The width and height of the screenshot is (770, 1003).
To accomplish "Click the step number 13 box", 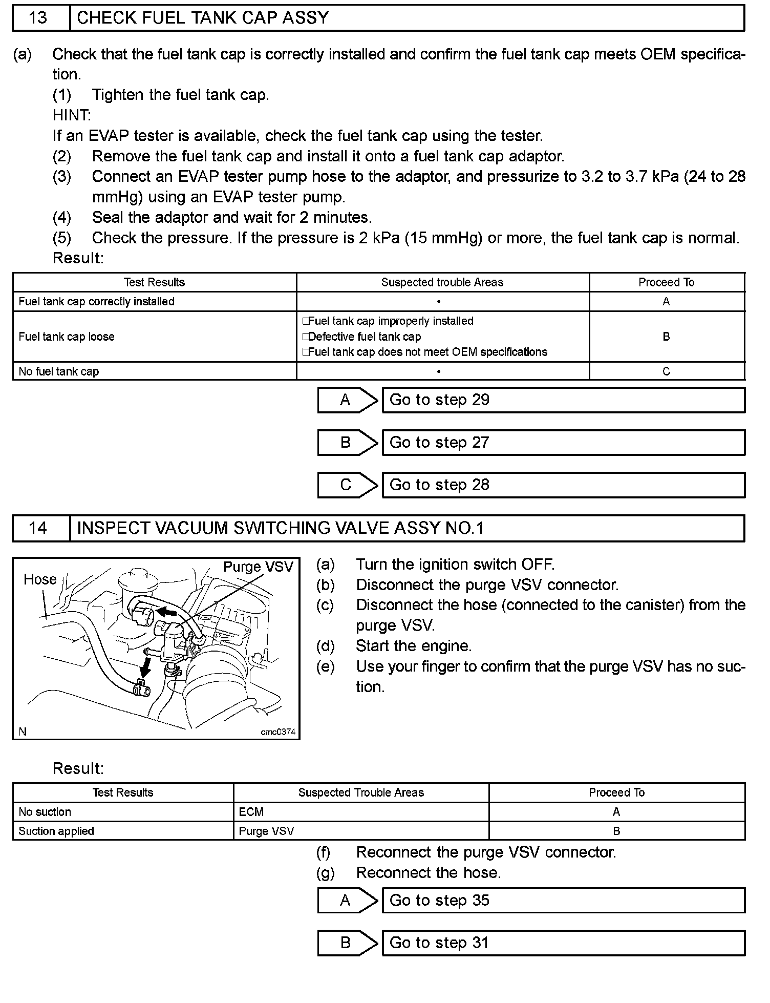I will coord(39,18).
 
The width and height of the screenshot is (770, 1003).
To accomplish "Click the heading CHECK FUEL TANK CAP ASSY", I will coord(203,18).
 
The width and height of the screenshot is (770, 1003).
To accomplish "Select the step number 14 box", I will coord(39,528).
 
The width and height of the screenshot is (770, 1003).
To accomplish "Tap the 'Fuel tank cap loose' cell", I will coord(67,337).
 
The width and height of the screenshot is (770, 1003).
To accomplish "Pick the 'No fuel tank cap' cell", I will coord(59,371).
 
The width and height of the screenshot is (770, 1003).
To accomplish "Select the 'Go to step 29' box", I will coord(563,400).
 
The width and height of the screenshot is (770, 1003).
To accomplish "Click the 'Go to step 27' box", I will coord(563,443).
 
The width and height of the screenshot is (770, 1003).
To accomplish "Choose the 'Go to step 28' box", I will coord(563,485).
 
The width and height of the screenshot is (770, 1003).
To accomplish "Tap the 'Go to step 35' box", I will coord(563,901).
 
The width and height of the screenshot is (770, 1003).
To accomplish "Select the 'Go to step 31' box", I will coord(563,943).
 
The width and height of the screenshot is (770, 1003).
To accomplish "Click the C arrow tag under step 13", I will coord(347,485).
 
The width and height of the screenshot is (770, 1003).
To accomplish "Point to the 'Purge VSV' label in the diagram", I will coord(258,567).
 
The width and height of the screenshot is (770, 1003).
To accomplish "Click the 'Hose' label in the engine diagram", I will coord(40,579).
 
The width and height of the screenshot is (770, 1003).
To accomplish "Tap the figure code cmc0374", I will coord(278,732).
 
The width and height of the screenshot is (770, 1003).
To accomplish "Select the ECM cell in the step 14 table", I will coord(251,812).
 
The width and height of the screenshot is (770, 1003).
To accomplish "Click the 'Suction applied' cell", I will coord(56,831).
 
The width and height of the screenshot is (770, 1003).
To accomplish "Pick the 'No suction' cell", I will coord(45,812).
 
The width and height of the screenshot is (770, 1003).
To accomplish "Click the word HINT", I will coord(72,115).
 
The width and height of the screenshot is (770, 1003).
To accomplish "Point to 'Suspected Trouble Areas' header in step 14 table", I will coord(361,792).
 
